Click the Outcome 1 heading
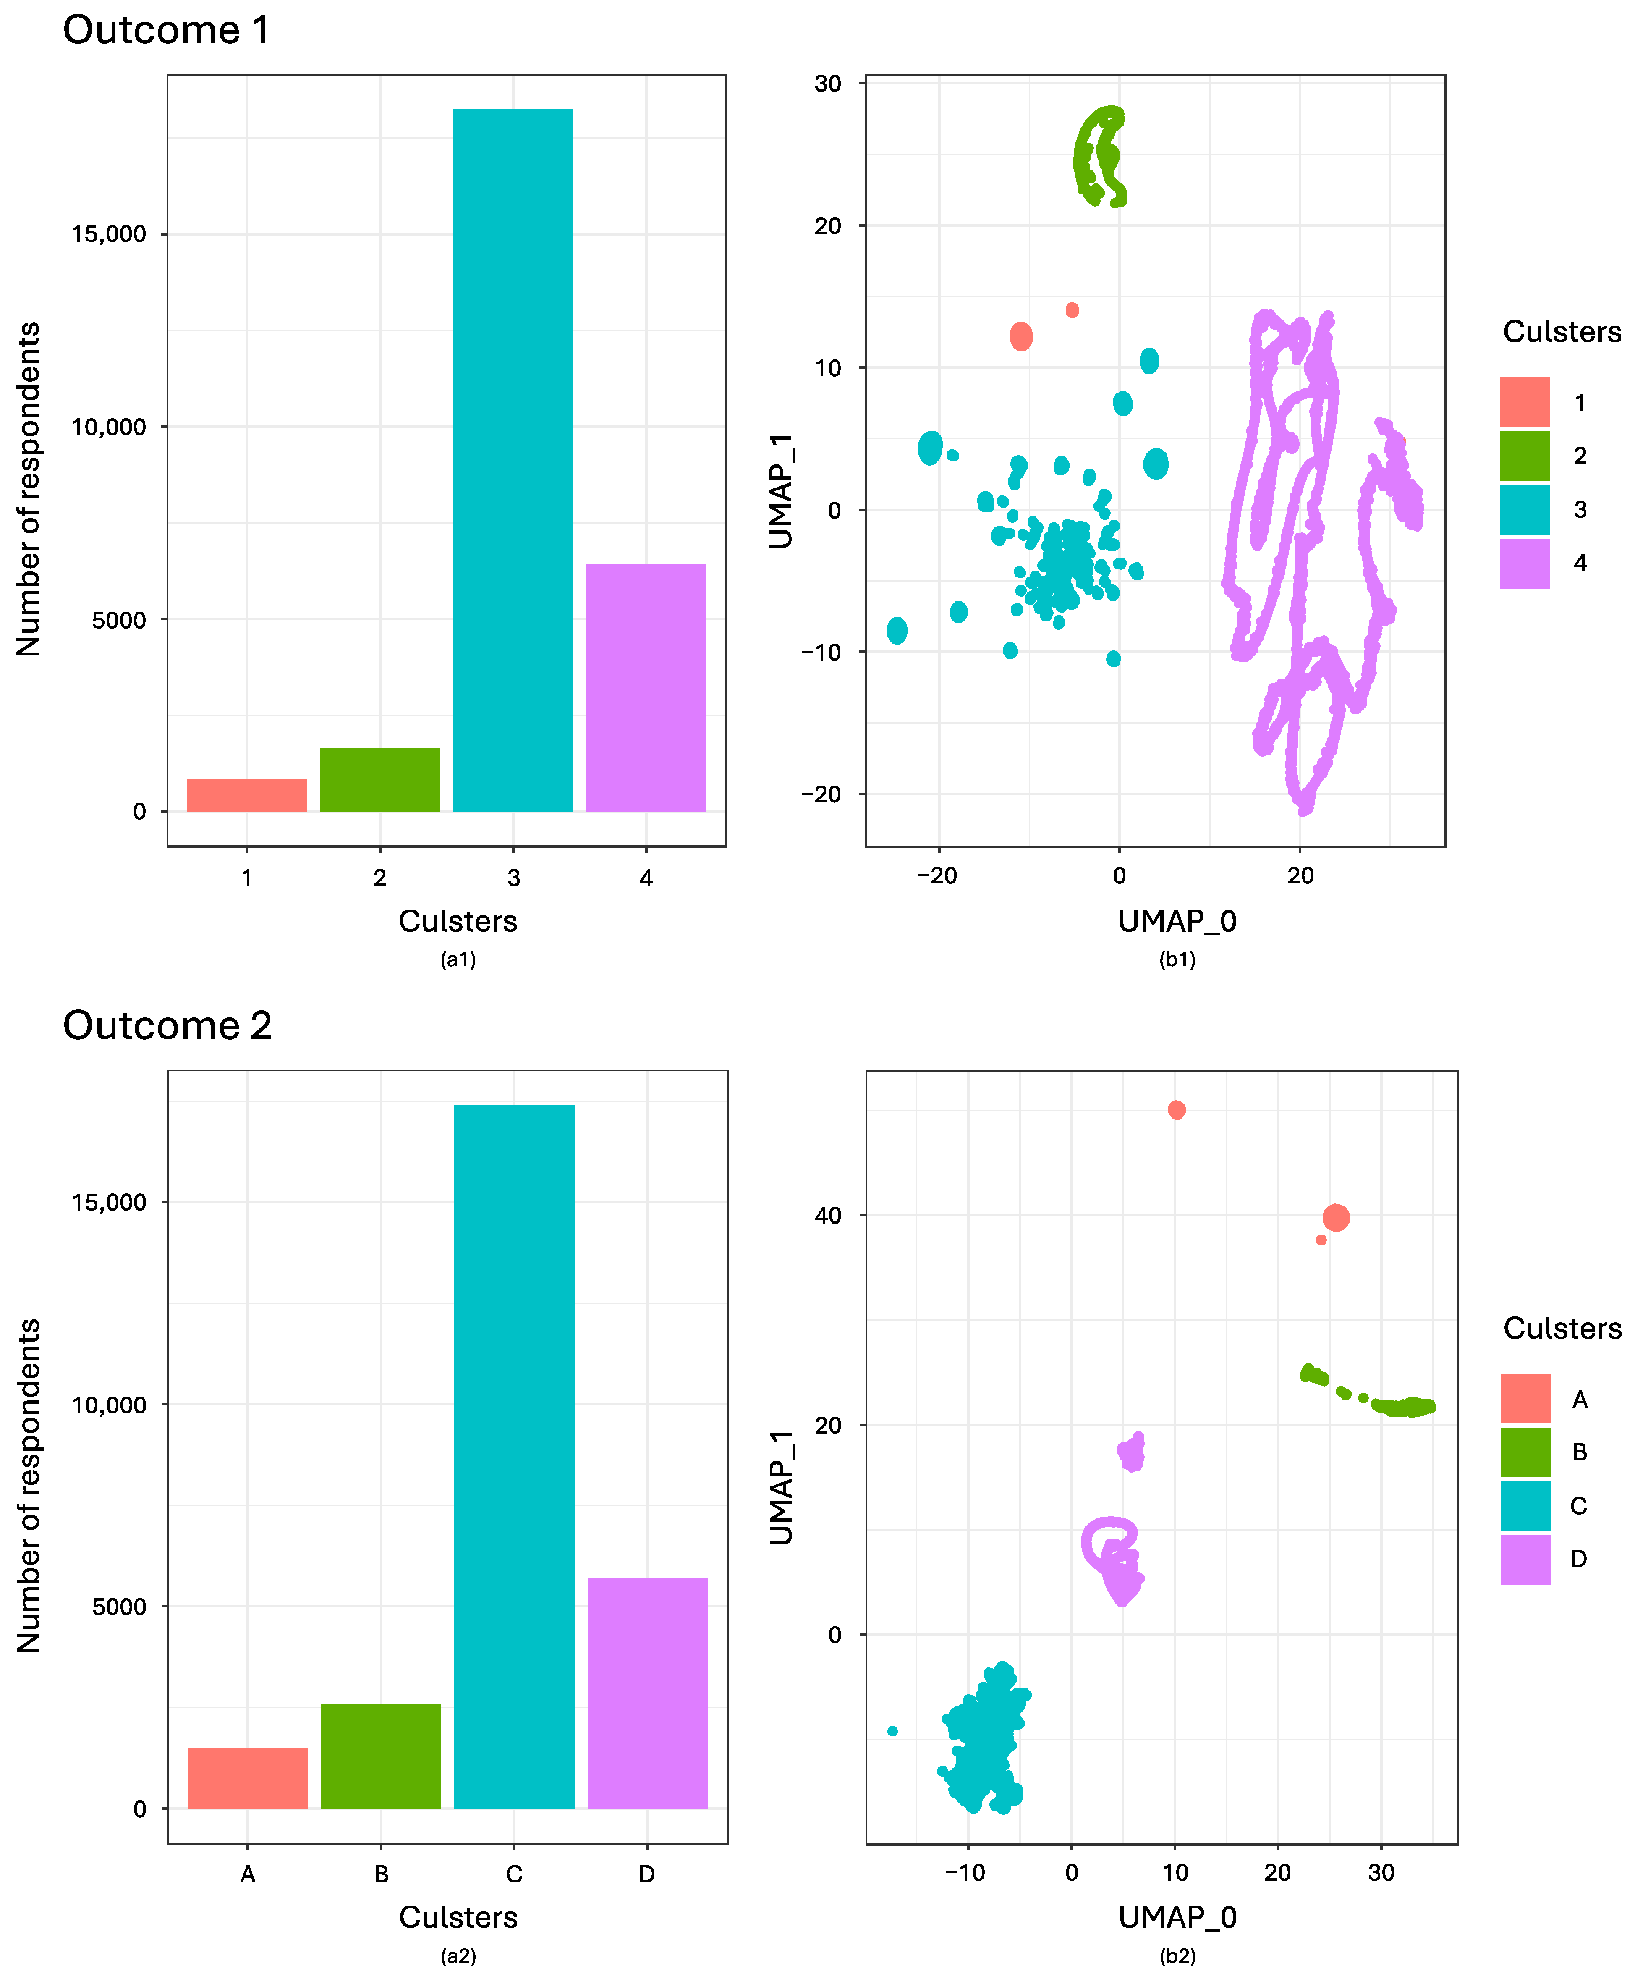click(x=167, y=30)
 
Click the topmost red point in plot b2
click(x=1176, y=1110)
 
